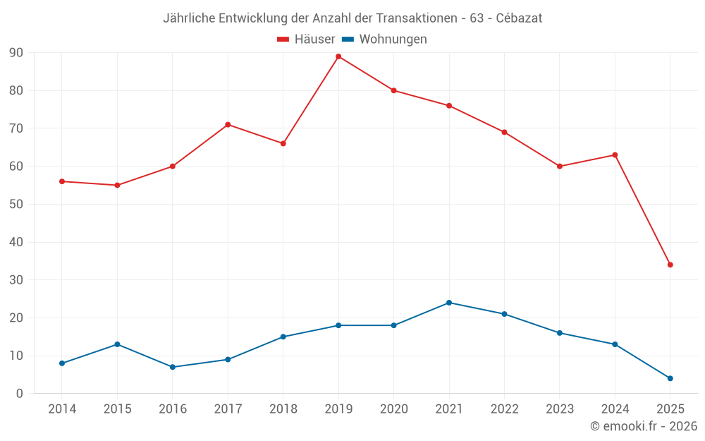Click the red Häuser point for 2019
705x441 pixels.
point(338,56)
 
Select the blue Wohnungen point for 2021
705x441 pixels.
point(449,303)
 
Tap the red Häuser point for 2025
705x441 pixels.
point(670,265)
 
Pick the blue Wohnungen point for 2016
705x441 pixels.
point(173,367)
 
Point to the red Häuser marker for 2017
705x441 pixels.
point(228,124)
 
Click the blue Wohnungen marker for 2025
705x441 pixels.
point(670,378)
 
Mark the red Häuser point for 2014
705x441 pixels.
point(62,181)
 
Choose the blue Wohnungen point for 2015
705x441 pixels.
point(117,344)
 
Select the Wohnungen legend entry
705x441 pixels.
point(393,40)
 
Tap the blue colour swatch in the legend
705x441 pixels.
point(348,40)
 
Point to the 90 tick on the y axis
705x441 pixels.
point(16,53)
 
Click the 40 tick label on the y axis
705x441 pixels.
point(16,242)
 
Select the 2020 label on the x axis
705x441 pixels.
point(393,409)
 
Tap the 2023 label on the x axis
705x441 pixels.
point(560,409)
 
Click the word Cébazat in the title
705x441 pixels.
point(519,18)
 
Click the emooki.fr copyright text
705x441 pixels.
point(644,426)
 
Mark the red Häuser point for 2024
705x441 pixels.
point(615,155)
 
